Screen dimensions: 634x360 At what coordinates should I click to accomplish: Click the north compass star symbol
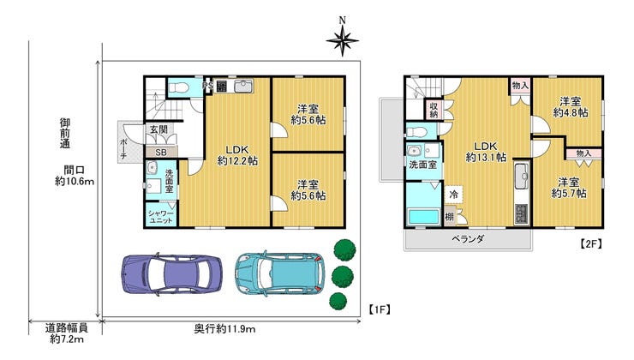[x=343, y=40]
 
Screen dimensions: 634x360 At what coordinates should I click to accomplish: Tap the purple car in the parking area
[x=172, y=273]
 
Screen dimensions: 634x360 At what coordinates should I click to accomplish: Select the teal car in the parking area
[x=280, y=273]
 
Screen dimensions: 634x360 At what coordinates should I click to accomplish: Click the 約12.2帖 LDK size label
[x=237, y=160]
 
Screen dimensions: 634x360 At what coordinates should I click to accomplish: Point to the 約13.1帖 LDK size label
[x=486, y=157]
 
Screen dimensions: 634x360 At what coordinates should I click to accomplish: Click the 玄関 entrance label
[x=158, y=129]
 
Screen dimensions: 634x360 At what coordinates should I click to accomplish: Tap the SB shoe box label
[x=161, y=153]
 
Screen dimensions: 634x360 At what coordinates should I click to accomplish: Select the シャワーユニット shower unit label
[x=161, y=216]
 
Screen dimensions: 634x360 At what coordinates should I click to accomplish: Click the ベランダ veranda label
[x=468, y=239]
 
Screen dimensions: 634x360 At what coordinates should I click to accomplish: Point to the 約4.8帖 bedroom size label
[x=571, y=112]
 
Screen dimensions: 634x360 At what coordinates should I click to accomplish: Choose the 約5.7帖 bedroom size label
[x=569, y=194]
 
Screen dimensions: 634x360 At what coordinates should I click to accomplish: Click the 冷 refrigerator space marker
[x=454, y=195]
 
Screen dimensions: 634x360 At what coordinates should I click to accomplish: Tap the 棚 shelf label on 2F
[x=450, y=216]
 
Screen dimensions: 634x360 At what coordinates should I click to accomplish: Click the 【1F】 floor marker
[x=379, y=309]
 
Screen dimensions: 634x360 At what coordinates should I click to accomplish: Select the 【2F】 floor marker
[x=591, y=243]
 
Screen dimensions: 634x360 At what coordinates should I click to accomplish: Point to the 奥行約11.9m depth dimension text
[x=224, y=329]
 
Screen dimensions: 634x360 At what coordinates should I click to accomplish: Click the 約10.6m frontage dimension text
[x=75, y=181]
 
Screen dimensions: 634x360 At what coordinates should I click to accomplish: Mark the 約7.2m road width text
[x=67, y=339]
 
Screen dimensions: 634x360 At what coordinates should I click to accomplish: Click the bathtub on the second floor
[x=423, y=216]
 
